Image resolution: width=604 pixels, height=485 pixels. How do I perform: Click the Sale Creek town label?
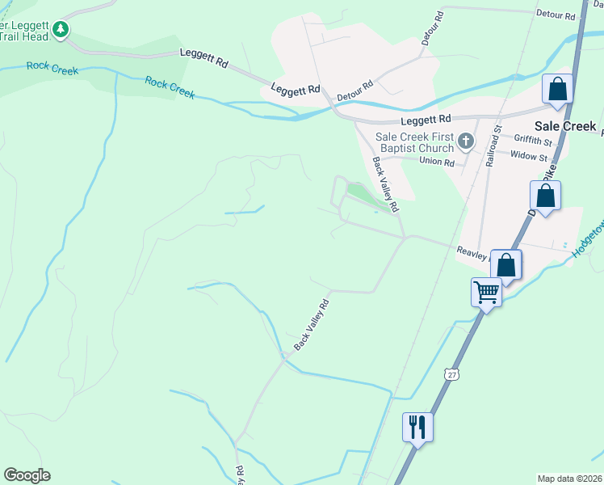click(x=565, y=126)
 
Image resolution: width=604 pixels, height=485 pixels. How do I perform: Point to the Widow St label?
click(x=529, y=156)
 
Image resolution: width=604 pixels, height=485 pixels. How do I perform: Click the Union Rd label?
click(x=437, y=162)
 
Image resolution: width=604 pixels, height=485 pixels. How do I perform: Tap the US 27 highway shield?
click(x=450, y=373)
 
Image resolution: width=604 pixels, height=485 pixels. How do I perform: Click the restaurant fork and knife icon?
click(x=417, y=426)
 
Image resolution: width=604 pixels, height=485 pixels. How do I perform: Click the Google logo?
click(x=27, y=475)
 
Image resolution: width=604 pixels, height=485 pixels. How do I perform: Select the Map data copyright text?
click(x=570, y=479)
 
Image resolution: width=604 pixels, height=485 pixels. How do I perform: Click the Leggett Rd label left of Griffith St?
click(x=426, y=120)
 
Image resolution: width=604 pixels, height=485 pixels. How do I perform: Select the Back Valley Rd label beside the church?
click(x=384, y=183)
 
